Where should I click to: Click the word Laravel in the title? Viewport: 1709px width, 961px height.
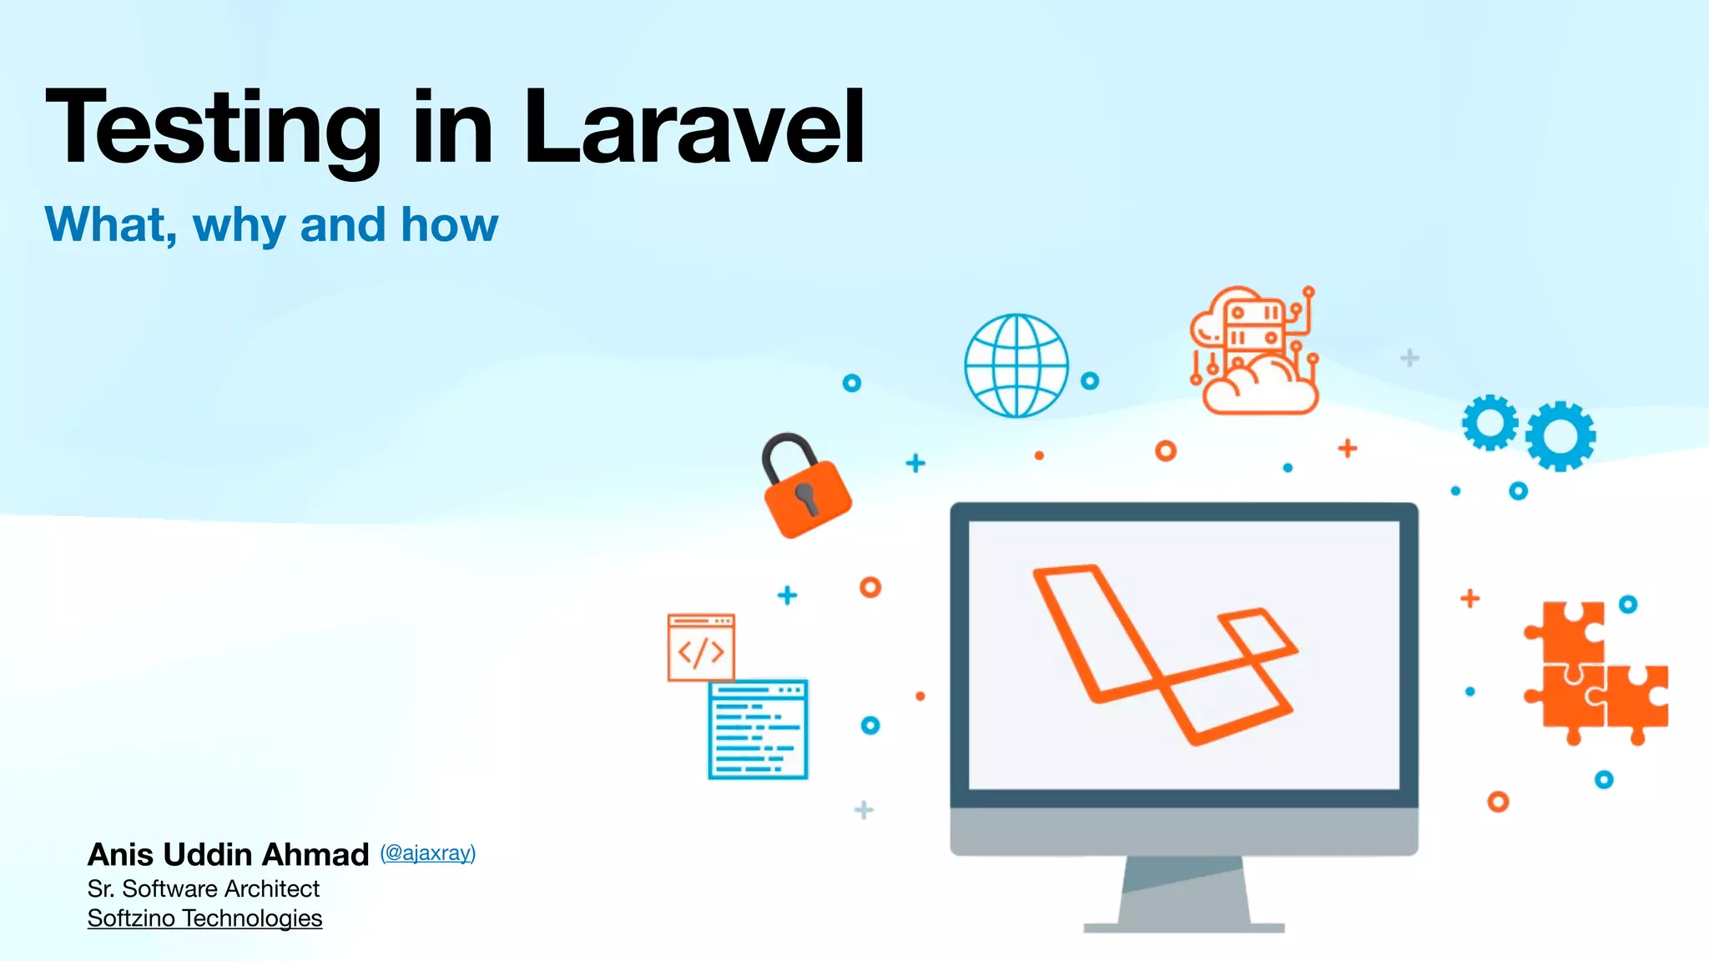pyautogui.click(x=694, y=128)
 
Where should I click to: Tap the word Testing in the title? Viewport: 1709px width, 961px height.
pyautogui.click(x=214, y=129)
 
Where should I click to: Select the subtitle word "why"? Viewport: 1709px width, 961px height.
pyautogui.click(x=239, y=226)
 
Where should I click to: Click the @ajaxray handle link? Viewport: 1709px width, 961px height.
pyautogui.click(x=427, y=853)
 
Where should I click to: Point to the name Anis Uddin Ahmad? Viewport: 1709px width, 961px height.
pyautogui.click(x=228, y=854)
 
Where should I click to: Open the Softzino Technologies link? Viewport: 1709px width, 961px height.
pyautogui.click(x=204, y=918)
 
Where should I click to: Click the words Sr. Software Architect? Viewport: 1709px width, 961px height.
pyautogui.click(x=204, y=888)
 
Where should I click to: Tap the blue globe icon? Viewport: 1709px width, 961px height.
pyautogui.click(x=1016, y=365)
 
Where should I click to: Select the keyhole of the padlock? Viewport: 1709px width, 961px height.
pyautogui.click(x=806, y=497)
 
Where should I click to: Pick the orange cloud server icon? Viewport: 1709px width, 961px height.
pyautogui.click(x=1254, y=352)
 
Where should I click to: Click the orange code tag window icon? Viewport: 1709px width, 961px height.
pyautogui.click(x=701, y=648)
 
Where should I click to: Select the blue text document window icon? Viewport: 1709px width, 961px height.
pyautogui.click(x=758, y=729)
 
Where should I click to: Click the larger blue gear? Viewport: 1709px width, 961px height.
pyautogui.click(x=1560, y=436)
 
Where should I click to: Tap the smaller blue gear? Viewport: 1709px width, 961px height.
pyautogui.click(x=1490, y=422)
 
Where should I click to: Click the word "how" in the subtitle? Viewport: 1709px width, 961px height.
pyautogui.click(x=449, y=225)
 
